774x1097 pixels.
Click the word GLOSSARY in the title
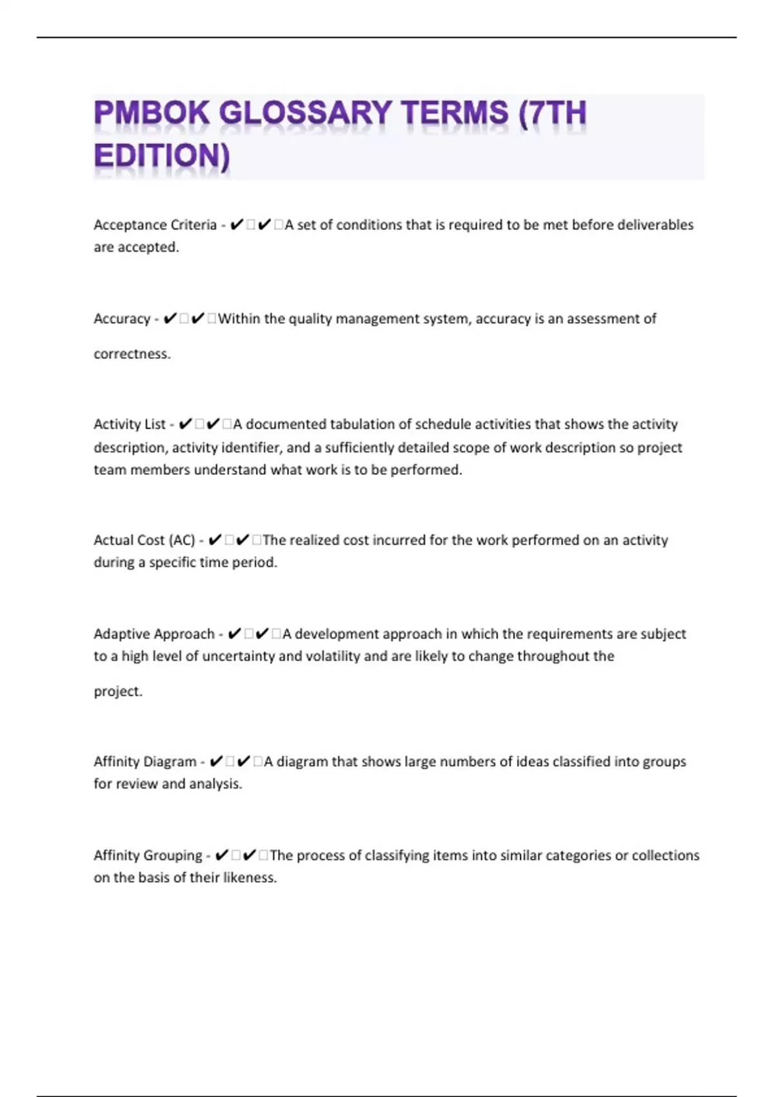(x=305, y=114)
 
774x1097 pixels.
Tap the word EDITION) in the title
(x=162, y=157)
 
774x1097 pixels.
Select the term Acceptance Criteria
(x=155, y=225)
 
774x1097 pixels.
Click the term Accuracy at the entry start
(x=122, y=319)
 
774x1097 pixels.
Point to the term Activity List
(x=130, y=425)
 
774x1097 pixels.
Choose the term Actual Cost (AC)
(x=144, y=540)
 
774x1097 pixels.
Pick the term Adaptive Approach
(x=154, y=634)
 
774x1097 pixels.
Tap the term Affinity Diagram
(x=144, y=762)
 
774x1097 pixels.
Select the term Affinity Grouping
(x=148, y=856)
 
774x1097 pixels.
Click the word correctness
(x=132, y=354)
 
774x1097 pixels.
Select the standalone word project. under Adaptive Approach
(x=118, y=692)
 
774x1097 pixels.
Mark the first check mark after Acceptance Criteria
(x=236, y=225)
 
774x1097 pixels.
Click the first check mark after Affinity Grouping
(x=221, y=856)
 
